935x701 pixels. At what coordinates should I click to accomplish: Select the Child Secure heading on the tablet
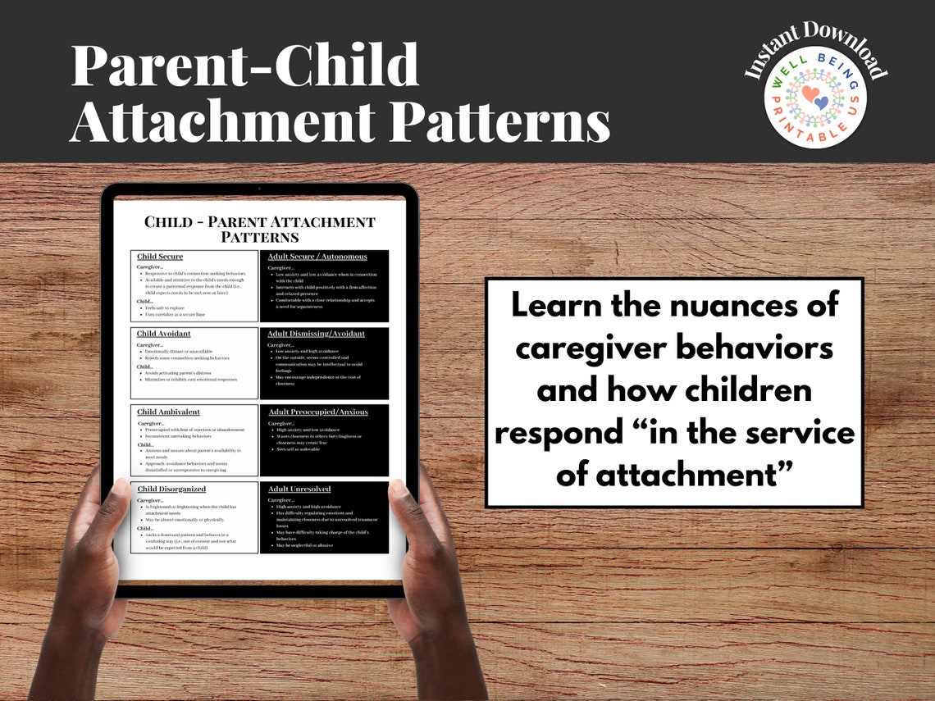[160, 257]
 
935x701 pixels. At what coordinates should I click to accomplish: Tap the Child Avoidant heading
[164, 334]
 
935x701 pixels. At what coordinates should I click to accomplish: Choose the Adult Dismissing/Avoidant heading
[317, 334]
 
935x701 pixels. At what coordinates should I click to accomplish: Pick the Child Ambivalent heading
[168, 412]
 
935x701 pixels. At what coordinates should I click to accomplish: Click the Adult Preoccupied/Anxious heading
[318, 412]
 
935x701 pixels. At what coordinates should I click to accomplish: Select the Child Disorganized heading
[171, 489]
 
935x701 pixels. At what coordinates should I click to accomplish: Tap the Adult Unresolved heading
[299, 489]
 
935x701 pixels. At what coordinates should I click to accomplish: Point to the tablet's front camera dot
[259, 189]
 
